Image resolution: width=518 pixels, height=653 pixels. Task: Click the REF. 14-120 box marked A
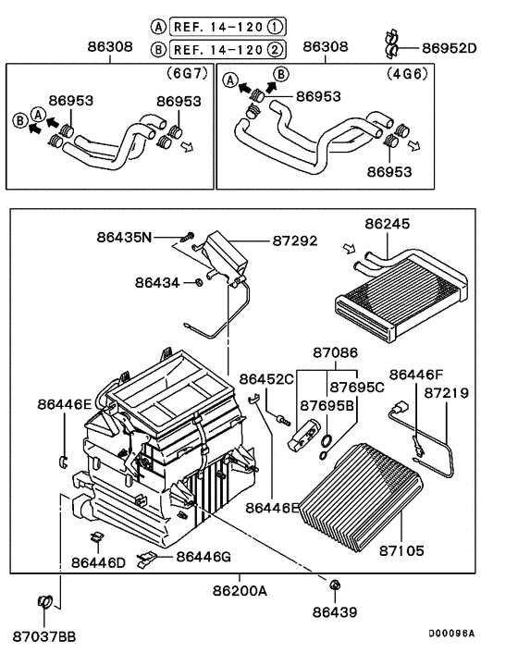tap(223, 26)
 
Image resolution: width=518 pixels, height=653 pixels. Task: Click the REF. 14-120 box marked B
tap(223, 49)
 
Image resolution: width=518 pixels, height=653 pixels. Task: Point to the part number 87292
tap(295, 240)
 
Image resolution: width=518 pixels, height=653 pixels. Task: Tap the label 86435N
tap(123, 237)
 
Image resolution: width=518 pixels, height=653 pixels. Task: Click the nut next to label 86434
tap(199, 281)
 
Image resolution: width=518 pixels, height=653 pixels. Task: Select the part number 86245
tap(388, 223)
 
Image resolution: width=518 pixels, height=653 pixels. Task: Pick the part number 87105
tap(401, 550)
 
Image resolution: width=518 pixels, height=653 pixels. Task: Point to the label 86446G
tap(203, 556)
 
